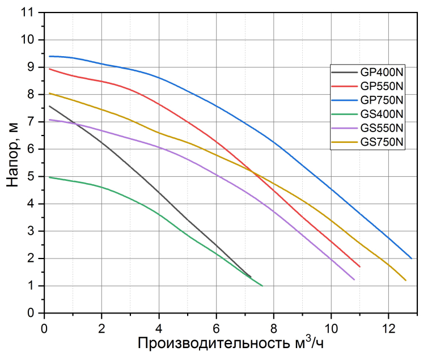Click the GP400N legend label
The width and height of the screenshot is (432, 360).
click(382, 72)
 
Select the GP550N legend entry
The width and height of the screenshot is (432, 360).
click(382, 86)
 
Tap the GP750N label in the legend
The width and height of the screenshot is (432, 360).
click(382, 100)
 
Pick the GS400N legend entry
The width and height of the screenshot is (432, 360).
click(382, 114)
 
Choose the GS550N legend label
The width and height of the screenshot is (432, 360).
click(382, 128)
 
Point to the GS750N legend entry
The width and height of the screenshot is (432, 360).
click(382, 142)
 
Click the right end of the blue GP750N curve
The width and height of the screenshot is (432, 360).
click(412, 259)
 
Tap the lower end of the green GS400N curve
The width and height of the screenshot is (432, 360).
click(262, 285)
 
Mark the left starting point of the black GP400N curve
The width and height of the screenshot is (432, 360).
click(50, 106)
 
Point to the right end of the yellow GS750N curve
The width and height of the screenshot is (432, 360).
click(406, 280)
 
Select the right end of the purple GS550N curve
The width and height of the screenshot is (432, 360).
click(354, 279)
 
